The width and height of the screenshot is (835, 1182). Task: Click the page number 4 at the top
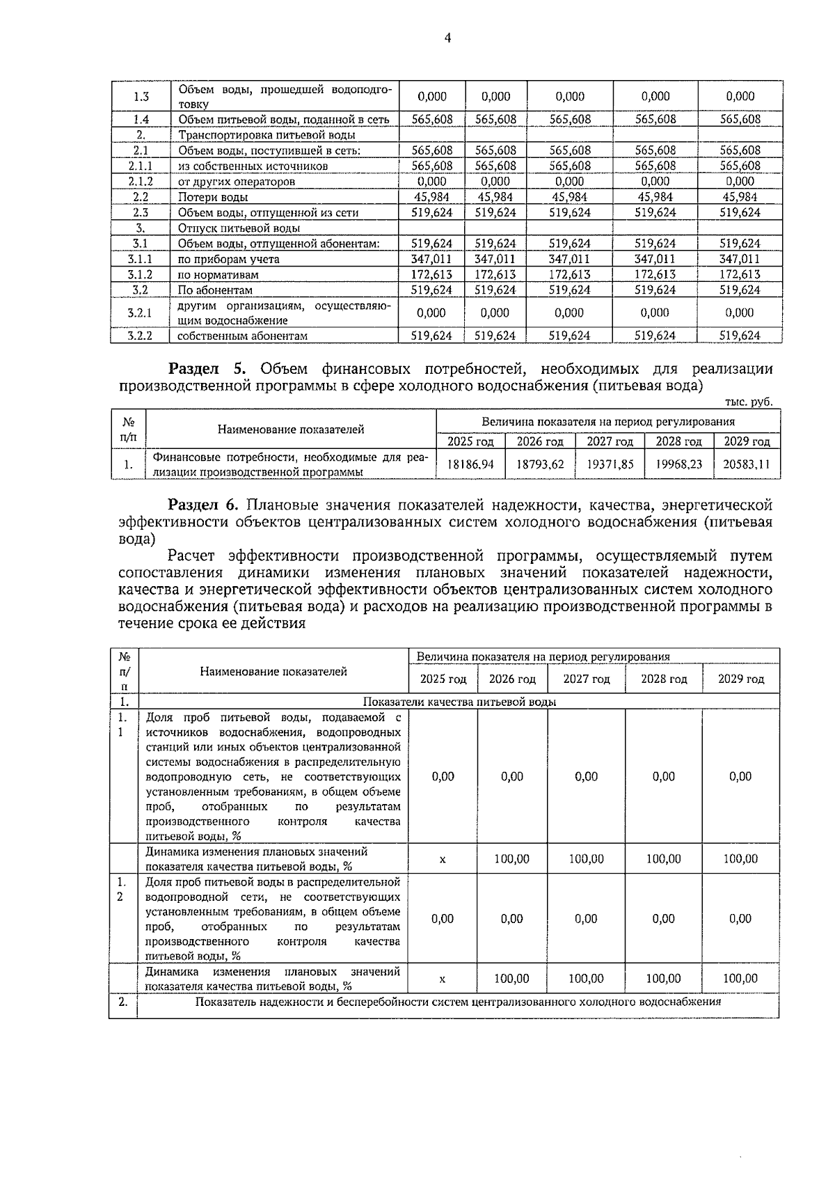click(447, 39)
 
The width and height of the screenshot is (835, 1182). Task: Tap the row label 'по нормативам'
click(218, 275)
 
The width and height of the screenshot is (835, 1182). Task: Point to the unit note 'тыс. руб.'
click(748, 402)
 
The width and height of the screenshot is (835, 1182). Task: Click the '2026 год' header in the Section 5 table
click(540, 441)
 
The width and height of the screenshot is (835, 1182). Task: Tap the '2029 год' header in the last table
click(740, 679)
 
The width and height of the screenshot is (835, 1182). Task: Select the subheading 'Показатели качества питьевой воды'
click(459, 702)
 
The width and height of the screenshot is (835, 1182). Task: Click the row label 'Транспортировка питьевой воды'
click(267, 135)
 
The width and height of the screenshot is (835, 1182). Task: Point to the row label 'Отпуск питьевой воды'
click(239, 228)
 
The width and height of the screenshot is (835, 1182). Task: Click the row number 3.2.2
click(140, 336)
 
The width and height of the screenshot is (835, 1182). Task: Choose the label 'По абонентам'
click(214, 290)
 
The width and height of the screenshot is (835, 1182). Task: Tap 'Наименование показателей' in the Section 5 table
click(291, 430)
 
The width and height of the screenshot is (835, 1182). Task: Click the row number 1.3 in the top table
click(141, 97)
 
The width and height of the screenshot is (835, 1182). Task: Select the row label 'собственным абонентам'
click(241, 336)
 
